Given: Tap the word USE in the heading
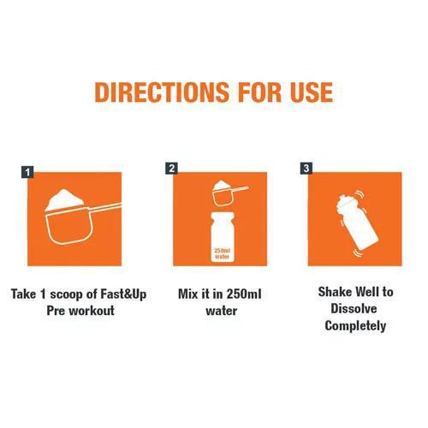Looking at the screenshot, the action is pyautogui.click(x=312, y=92).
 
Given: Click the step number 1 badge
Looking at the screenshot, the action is pyautogui.click(x=27, y=172).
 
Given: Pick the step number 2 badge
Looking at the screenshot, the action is pyautogui.click(x=171, y=169).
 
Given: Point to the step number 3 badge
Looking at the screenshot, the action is pyautogui.click(x=306, y=169).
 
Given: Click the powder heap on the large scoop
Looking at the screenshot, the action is pyautogui.click(x=65, y=199).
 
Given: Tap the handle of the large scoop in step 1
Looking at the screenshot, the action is pyautogui.click(x=104, y=207).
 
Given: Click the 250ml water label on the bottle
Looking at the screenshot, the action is pyautogui.click(x=222, y=253).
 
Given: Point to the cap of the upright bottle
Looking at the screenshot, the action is pyautogui.click(x=223, y=217).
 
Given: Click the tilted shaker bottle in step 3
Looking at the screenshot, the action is pyautogui.click(x=356, y=223).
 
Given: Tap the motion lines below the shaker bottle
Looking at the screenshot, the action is pyautogui.click(x=358, y=253).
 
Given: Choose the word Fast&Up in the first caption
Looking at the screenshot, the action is pyautogui.click(x=123, y=294).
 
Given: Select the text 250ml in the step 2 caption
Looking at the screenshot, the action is pyautogui.click(x=244, y=294).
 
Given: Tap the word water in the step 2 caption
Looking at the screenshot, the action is pyautogui.click(x=222, y=311).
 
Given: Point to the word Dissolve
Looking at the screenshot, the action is pyautogui.click(x=354, y=308).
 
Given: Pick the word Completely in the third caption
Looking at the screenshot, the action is pyautogui.click(x=355, y=326).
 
